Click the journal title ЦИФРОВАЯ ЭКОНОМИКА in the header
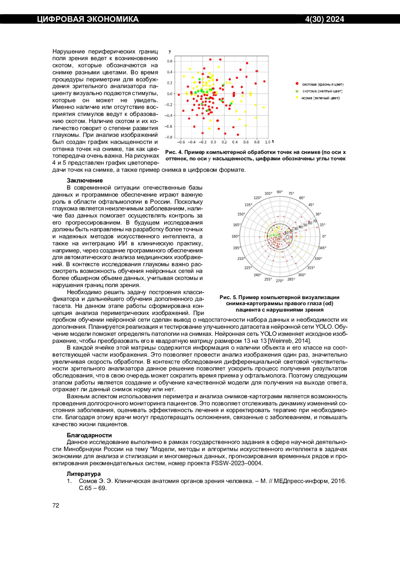[88, 19]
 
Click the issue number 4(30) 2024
[324, 19]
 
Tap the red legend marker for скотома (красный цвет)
[297, 84]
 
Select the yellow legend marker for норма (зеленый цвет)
[297, 98]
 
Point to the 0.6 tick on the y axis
[170, 61]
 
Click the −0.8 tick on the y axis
[169, 137]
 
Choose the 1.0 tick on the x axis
[267, 142]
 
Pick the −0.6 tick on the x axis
[180, 142]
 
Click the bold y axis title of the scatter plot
[170, 51]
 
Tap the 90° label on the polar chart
[280, 192]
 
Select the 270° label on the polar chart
[279, 281]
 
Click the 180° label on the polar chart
[235, 236]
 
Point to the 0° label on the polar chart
[324, 236]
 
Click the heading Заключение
[85, 181]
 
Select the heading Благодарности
[89, 435]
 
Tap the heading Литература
[84, 474]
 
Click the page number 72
[56, 505]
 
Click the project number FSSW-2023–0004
[237, 463]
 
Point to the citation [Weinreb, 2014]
[289, 341]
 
